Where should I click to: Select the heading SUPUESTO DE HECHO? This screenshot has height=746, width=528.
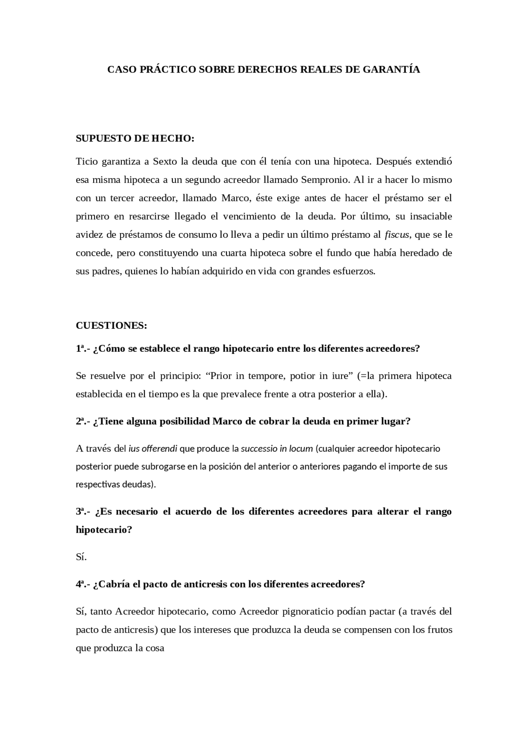(135, 138)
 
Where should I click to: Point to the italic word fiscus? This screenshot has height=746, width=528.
(397, 235)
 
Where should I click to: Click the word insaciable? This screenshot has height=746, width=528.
(431, 216)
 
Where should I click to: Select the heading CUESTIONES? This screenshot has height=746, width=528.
(111, 325)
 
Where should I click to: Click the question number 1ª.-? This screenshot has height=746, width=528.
(83, 348)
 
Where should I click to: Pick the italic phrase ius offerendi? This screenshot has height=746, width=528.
(153, 449)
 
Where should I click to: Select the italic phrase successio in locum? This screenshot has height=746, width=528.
(277, 449)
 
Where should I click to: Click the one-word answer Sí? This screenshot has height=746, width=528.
(81, 557)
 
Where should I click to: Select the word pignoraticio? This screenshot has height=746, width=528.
(308, 611)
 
